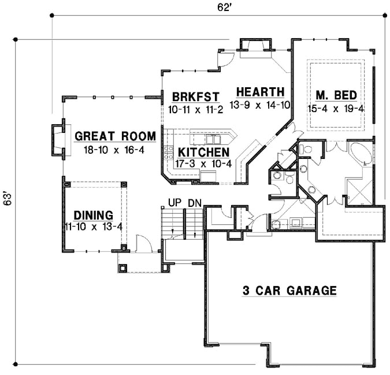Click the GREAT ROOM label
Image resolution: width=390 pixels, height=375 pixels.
click(115, 136)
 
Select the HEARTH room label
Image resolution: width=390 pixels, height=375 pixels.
click(259, 92)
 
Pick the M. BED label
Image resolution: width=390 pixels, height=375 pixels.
click(335, 95)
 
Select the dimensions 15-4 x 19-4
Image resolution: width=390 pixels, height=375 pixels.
click(335, 109)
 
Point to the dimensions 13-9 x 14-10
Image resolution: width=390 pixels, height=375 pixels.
click(259, 105)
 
